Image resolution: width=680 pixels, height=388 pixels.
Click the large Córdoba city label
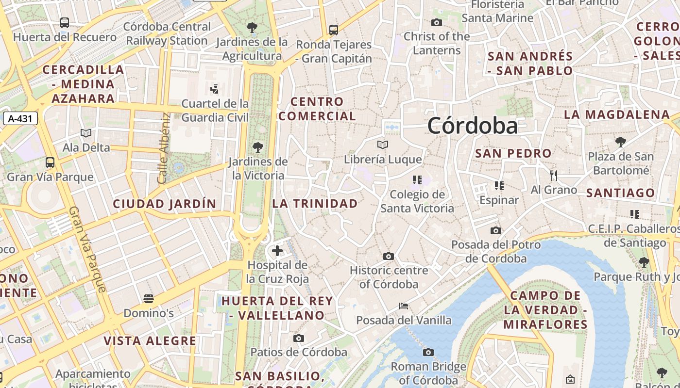coord(473,126)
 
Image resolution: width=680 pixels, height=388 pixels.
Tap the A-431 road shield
coord(20,118)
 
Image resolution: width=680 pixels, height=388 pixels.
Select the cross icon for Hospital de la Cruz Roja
coord(277,251)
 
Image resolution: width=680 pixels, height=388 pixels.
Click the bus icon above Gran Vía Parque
coord(50,162)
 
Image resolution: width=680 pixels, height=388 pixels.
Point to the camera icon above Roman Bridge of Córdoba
coord(428,352)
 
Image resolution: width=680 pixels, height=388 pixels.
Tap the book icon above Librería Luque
coord(383,145)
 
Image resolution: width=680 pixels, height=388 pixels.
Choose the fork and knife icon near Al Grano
coord(553,175)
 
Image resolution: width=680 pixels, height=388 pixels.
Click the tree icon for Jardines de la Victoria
coord(258,147)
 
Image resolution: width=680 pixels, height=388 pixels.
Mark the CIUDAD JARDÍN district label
coord(164,204)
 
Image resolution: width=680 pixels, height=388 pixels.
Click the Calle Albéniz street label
coord(164,148)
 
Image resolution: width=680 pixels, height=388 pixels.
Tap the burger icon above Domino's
coord(149,298)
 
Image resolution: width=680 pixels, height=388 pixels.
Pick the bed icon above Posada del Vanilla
coord(403,306)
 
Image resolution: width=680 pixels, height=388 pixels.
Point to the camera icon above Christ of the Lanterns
coord(437,22)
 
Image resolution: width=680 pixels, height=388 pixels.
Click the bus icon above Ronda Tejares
coord(333,30)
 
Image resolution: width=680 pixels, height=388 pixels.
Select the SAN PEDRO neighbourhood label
coord(513,154)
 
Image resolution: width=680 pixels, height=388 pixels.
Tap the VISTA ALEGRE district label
coord(150,341)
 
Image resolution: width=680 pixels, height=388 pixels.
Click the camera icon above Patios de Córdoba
coord(299,338)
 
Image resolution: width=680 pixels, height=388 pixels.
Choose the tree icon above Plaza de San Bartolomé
coord(620,142)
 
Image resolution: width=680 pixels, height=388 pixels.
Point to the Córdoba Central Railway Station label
coord(167,33)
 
